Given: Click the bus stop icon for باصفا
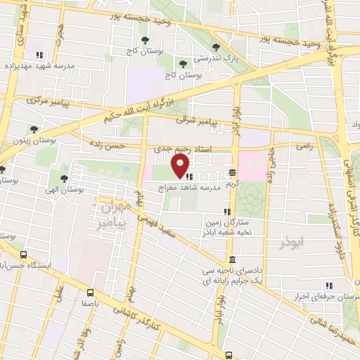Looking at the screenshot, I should click(x=90, y=292).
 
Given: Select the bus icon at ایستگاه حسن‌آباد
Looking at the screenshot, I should click(x=24, y=256).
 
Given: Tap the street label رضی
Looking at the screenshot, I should click(x=304, y=148).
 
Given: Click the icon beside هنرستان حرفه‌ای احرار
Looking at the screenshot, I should click(x=328, y=285).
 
